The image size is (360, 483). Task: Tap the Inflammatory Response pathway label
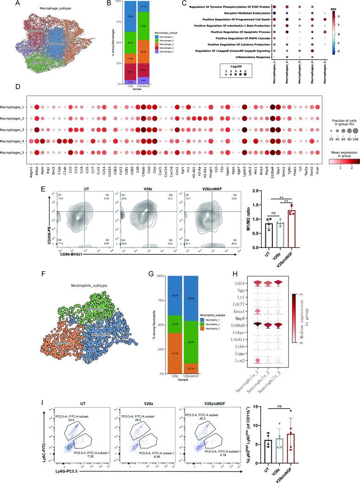(x=248, y=57)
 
